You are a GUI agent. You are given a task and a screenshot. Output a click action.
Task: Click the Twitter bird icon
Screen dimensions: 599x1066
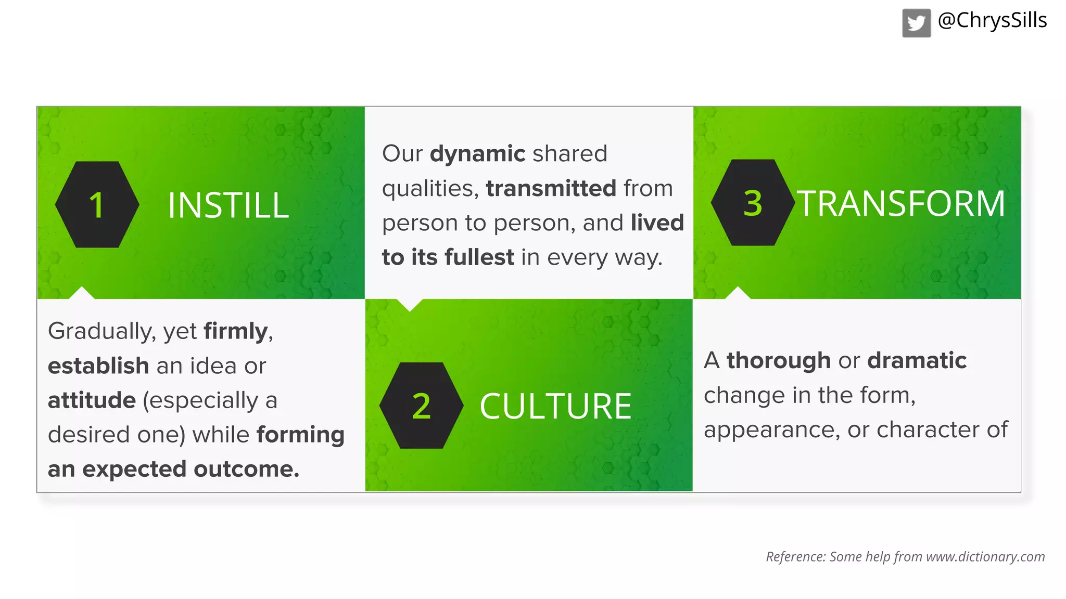tap(916, 23)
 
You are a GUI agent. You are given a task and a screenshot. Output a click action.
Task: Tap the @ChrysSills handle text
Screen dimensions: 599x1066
tap(992, 21)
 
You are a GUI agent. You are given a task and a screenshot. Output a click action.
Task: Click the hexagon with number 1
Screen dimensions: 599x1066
tap(97, 204)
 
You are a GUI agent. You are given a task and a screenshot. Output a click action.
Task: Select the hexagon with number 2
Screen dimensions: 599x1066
tap(421, 406)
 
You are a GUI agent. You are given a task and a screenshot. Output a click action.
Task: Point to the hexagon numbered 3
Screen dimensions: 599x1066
tap(752, 202)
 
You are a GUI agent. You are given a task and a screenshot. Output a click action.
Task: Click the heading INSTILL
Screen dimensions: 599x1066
tap(228, 205)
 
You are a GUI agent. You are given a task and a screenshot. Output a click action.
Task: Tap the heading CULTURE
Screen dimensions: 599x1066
tap(555, 406)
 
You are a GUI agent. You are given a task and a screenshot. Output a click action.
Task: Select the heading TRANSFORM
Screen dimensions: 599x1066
tap(900, 203)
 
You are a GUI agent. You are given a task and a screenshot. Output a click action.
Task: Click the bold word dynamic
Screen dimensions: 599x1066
tap(477, 154)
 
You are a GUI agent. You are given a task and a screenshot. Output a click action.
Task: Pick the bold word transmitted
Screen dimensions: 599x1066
tap(551, 188)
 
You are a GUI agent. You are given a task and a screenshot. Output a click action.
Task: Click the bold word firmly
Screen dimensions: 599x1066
tap(236, 331)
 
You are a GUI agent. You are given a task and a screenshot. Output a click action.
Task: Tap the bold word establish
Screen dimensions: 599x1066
tap(98, 366)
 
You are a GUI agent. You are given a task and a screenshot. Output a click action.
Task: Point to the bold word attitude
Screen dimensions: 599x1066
tap(92, 400)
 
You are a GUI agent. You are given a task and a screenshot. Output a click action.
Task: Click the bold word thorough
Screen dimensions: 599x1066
tap(778, 360)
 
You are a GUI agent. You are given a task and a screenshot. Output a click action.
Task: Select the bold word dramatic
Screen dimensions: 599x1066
tap(917, 360)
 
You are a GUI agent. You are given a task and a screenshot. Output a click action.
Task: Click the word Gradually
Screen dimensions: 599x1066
tap(101, 332)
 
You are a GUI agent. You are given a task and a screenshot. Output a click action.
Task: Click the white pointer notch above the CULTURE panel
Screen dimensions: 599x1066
tap(410, 304)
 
